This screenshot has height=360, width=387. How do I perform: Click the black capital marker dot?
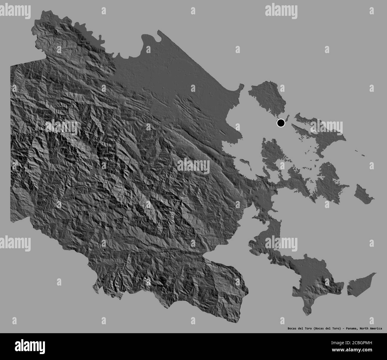(281, 123)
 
